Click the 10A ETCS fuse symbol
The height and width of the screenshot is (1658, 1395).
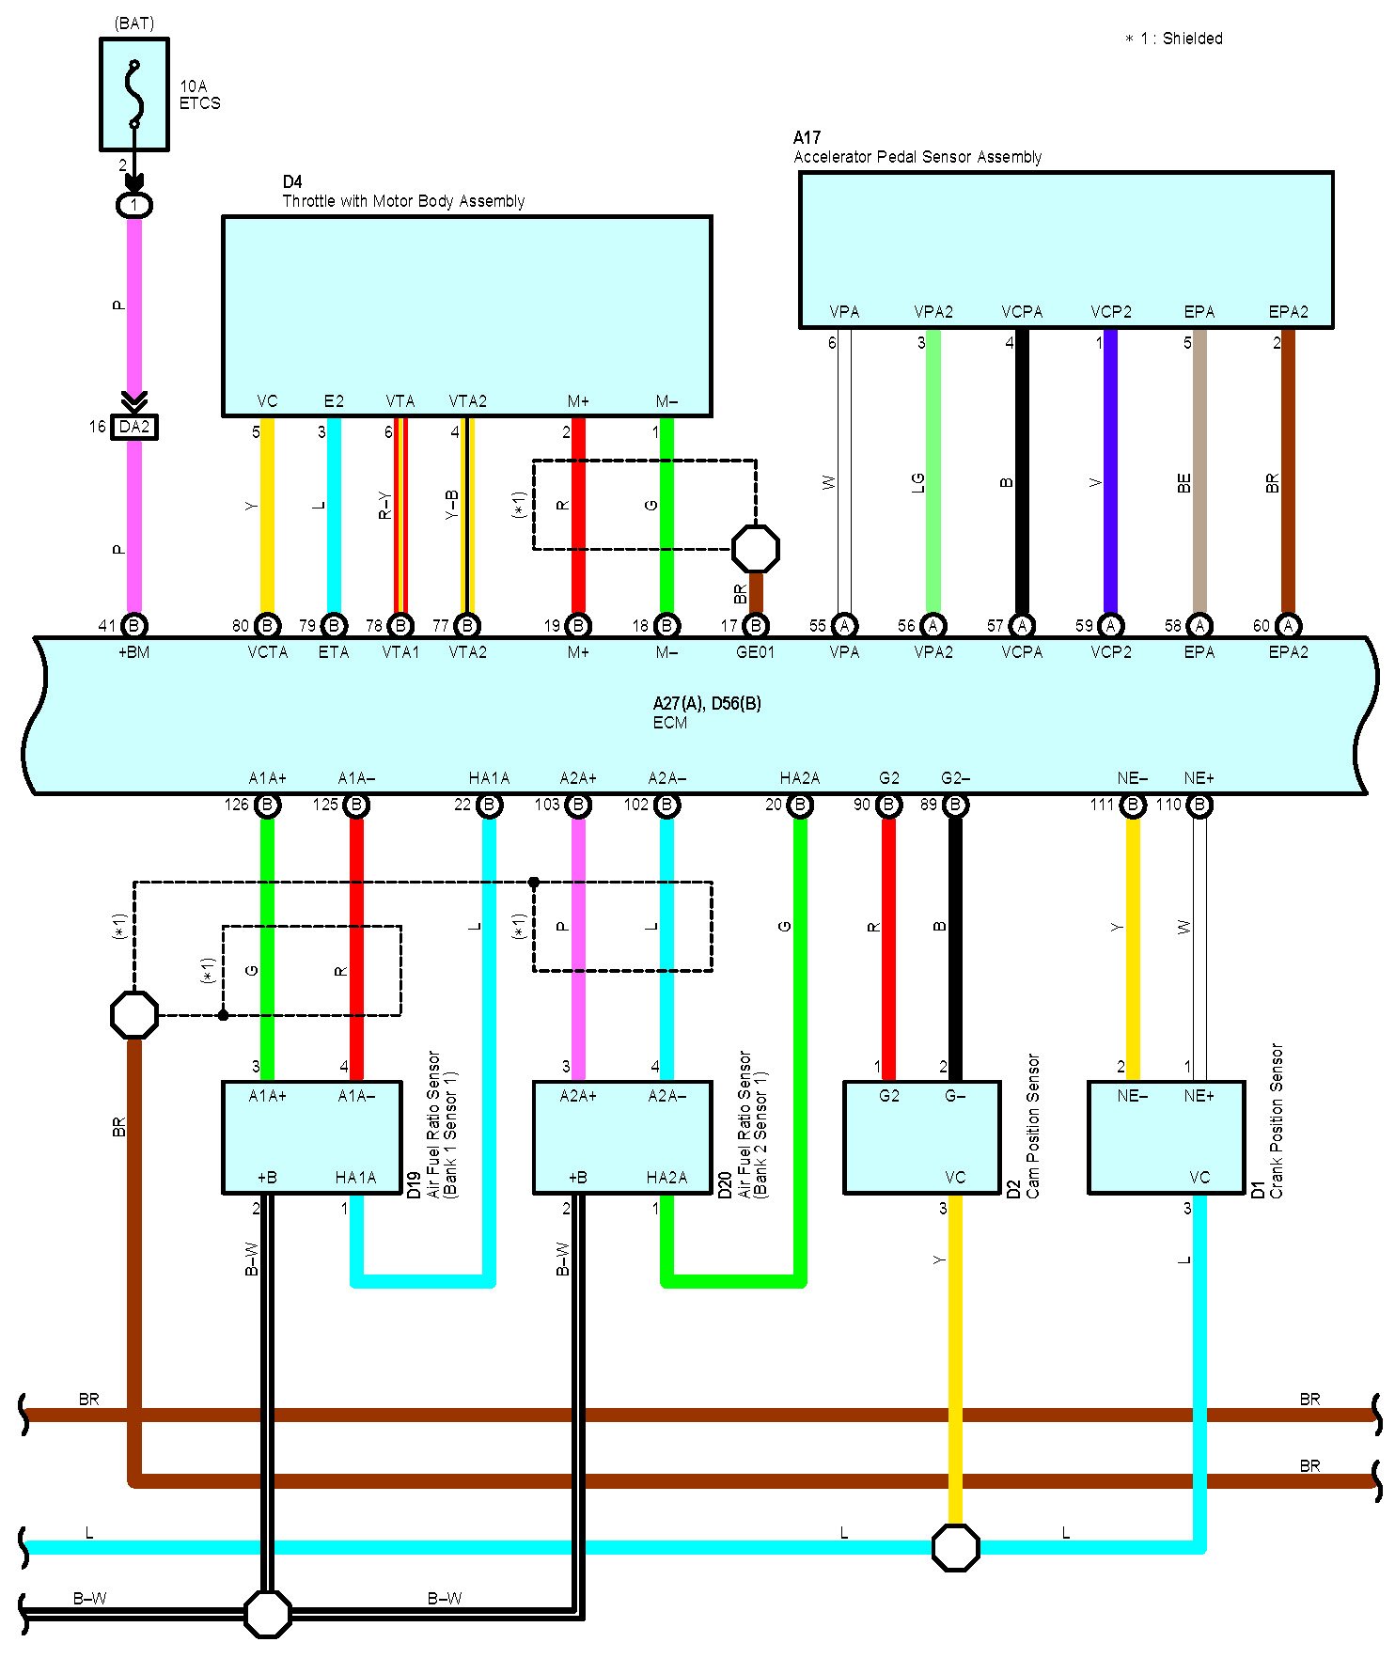(x=134, y=94)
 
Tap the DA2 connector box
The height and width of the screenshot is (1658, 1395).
(x=134, y=427)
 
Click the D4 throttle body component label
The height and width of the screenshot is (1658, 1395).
(x=403, y=192)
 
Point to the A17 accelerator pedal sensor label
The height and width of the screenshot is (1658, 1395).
(x=917, y=148)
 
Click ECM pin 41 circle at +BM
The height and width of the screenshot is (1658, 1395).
(x=134, y=625)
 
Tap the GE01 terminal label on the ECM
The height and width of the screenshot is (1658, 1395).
(x=755, y=651)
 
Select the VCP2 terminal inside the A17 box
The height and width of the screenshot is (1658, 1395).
(x=1111, y=312)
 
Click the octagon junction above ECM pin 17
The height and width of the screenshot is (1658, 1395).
(x=756, y=549)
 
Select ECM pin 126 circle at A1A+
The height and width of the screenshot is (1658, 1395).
(x=267, y=805)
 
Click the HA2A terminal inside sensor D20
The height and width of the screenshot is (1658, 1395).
(x=666, y=1178)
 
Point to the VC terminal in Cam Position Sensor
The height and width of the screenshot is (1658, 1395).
(x=955, y=1178)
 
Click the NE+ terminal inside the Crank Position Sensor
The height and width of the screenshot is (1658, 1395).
(x=1199, y=1096)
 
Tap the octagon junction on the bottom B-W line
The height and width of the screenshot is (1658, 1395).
(x=268, y=1615)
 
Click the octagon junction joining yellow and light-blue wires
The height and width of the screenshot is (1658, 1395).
(x=956, y=1547)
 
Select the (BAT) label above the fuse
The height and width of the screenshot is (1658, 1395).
(x=134, y=23)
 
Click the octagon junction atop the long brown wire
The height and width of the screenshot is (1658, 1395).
(x=134, y=1015)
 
